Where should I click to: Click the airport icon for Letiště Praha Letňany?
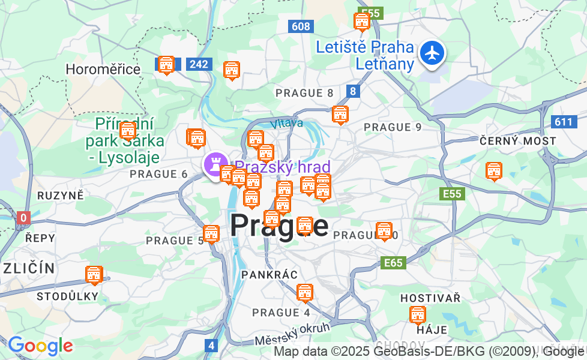(432, 53)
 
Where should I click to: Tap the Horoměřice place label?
(103, 69)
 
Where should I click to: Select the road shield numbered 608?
(301, 26)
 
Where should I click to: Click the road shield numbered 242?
(198, 64)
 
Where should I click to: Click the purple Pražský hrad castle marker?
(214, 164)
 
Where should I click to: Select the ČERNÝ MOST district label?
(518, 140)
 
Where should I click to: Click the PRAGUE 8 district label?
(304, 93)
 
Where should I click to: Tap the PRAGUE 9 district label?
(393, 127)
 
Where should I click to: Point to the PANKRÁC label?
(269, 275)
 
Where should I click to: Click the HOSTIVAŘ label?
(430, 298)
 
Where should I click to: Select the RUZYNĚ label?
(61, 196)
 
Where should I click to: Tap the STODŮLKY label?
(67, 296)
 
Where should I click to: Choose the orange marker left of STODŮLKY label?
(94, 275)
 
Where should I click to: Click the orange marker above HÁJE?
(417, 314)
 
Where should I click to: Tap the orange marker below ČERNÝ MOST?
(494, 171)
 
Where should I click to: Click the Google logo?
(40, 346)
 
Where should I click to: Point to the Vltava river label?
(286, 124)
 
